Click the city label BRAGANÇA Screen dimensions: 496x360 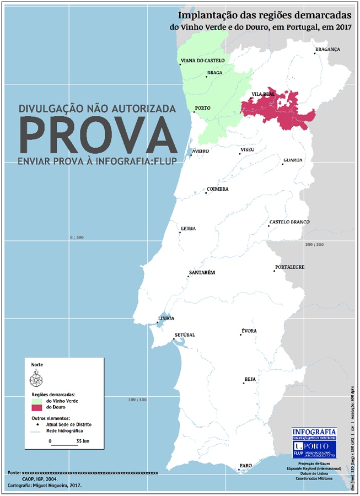(x=327, y=49)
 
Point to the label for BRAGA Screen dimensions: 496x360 (x=214, y=73)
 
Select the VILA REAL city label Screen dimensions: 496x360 (x=263, y=94)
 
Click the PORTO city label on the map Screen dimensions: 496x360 (x=202, y=108)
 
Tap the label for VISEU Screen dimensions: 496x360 (x=248, y=150)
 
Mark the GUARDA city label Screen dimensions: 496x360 (x=293, y=160)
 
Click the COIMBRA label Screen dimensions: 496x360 (x=217, y=189)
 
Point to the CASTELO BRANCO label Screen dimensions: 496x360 (x=289, y=222)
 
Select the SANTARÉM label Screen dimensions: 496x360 (x=202, y=273)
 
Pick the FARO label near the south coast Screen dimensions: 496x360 (x=245, y=466)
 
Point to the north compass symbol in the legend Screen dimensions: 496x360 (x=35, y=379)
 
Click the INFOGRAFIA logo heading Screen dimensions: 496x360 (x=313, y=431)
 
